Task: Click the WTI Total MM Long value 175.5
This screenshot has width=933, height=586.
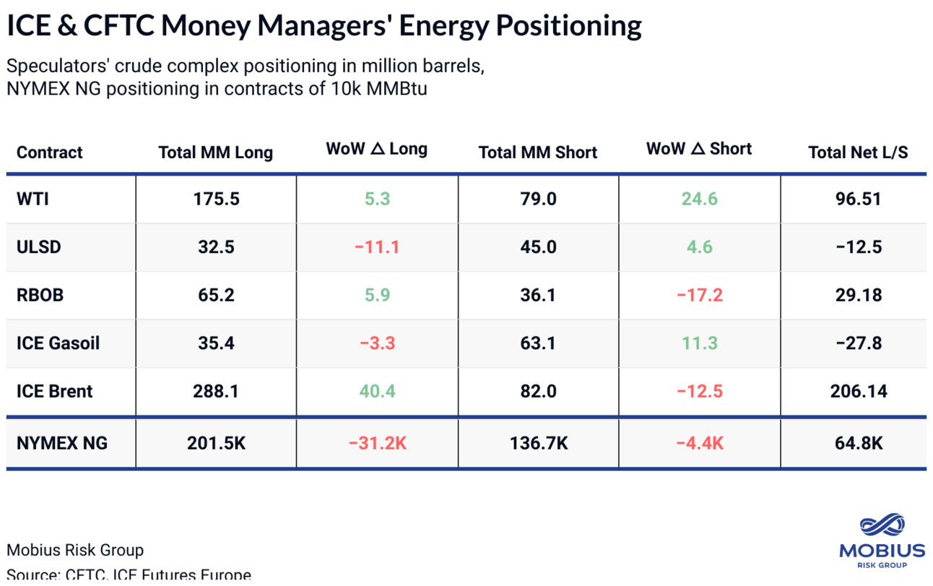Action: coord(215,199)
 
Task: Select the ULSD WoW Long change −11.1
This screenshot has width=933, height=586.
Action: coord(377,247)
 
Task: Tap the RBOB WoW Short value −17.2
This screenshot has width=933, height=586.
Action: coord(699,296)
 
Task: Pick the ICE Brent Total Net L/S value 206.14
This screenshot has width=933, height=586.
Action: coord(858,392)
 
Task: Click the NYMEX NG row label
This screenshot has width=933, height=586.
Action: coord(62,443)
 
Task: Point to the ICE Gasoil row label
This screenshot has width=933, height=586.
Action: coord(58,343)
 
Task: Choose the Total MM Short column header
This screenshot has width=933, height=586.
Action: coord(537,152)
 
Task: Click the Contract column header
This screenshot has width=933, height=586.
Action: coord(49,152)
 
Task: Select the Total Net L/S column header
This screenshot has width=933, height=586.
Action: coord(858,152)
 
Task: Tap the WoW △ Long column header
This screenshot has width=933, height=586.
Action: coord(376,150)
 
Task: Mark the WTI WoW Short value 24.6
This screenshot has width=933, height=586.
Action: coord(699,199)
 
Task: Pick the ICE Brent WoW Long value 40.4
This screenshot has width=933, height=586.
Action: coord(377,392)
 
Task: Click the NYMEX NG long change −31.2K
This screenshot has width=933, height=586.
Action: coord(377,443)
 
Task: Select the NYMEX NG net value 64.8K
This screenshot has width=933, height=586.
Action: coord(858,443)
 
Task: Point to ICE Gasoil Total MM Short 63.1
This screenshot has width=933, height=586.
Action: coord(537,343)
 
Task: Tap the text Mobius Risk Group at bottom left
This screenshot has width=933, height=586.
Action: coord(75,551)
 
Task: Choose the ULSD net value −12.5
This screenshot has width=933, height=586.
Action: coord(858,247)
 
